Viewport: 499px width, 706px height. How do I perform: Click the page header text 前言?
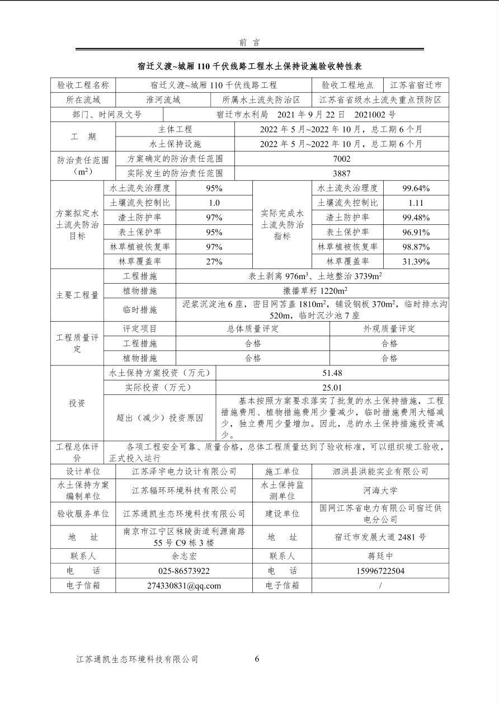click(x=249, y=43)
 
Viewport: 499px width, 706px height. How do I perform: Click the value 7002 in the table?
click(x=341, y=159)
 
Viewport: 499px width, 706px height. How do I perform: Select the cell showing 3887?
click(x=341, y=173)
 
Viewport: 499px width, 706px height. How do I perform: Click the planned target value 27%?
click(x=214, y=261)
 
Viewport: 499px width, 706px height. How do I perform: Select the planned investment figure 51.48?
click(x=332, y=373)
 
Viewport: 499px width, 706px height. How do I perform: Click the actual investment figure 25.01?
click(x=332, y=387)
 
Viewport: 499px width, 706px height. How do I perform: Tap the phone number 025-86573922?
click(x=184, y=571)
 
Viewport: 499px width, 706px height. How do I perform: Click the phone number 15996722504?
click(x=380, y=571)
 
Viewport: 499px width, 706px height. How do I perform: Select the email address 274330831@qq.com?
click(x=184, y=586)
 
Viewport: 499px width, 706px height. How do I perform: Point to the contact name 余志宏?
click(x=184, y=557)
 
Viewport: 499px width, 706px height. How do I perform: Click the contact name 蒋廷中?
click(x=380, y=557)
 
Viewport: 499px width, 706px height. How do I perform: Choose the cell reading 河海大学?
click(x=380, y=491)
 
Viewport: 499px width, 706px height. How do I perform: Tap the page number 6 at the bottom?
click(x=257, y=659)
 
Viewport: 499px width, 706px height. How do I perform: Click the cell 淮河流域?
click(x=163, y=100)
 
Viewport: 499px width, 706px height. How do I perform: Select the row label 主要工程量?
click(x=77, y=295)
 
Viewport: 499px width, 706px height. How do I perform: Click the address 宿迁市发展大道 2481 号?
click(x=380, y=537)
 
